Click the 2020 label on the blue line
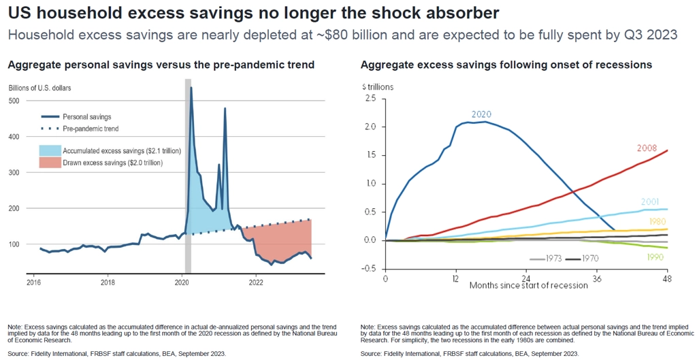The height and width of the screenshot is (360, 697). coord(481,114)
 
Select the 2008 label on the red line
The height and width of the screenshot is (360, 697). coord(647,148)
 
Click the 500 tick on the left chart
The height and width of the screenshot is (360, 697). coord(15,101)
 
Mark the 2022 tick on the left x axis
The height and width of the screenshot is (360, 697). coord(256,280)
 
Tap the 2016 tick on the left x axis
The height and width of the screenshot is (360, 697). coord(33,280)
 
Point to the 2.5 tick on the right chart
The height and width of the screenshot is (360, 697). coord(370,99)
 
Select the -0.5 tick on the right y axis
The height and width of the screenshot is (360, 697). coord(369,268)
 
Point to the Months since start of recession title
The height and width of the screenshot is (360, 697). coord(528,285)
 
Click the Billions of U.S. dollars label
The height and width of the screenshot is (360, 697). coord(39,88)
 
